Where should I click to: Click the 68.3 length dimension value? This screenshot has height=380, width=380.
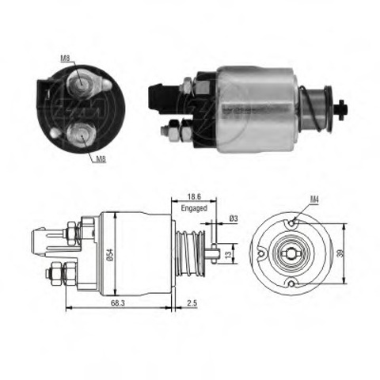coord(118,303)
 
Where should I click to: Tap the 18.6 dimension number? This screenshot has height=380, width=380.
coord(194,196)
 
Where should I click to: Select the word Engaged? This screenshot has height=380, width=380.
coord(194,208)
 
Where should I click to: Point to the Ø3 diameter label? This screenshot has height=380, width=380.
coord(234,218)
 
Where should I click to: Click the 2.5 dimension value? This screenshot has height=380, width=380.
coord(192,303)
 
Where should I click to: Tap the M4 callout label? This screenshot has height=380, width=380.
coord(314,199)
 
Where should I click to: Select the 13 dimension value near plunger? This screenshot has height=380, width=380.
coord(229,254)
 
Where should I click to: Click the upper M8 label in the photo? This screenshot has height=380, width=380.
coord(65,59)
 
